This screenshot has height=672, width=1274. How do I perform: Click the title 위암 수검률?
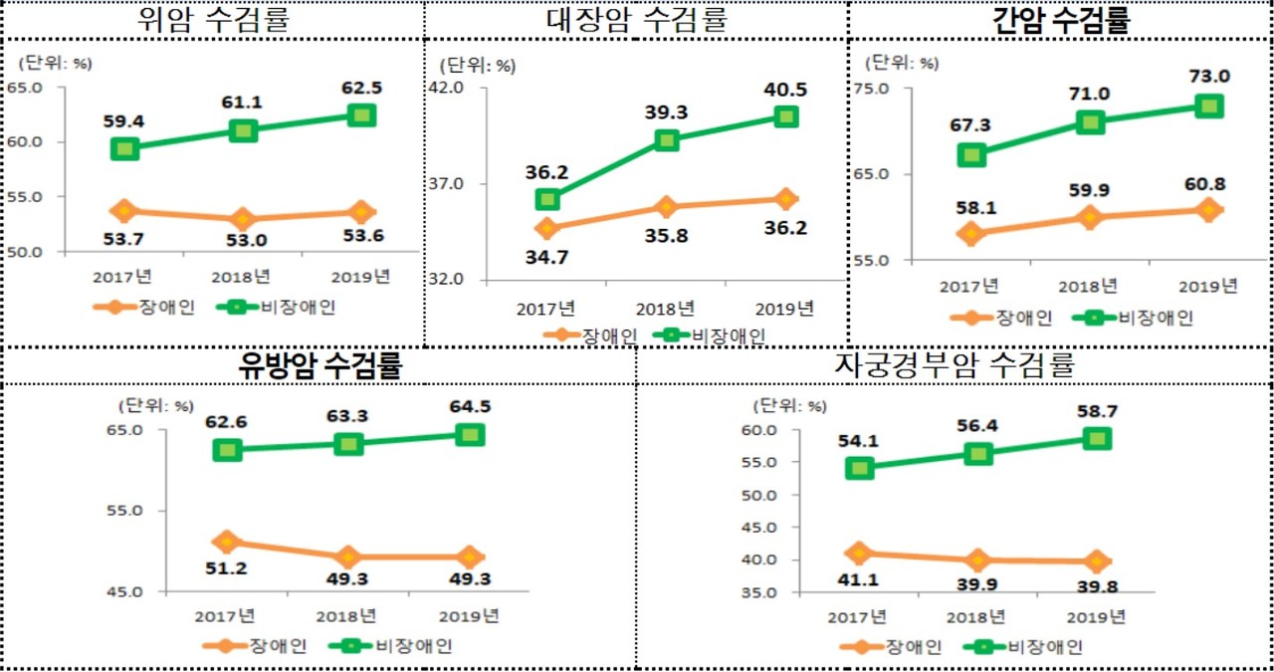[x=212, y=19]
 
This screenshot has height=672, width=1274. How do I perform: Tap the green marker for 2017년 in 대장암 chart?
[x=545, y=199]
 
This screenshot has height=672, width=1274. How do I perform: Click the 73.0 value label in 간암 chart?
[x=1207, y=77]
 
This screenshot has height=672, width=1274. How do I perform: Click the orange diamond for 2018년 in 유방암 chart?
[x=348, y=557]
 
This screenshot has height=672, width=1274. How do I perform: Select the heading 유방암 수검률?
[x=318, y=365]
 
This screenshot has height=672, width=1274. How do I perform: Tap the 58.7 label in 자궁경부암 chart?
[x=1096, y=410]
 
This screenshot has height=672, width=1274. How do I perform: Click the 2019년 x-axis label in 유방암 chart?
[x=470, y=616]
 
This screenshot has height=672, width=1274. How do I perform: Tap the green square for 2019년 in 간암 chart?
[x=1208, y=106]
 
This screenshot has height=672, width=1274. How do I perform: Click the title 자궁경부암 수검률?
[x=954, y=365]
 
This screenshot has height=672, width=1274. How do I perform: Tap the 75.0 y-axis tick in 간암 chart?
[x=871, y=89]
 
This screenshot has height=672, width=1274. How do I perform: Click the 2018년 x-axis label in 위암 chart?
[x=242, y=276]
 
